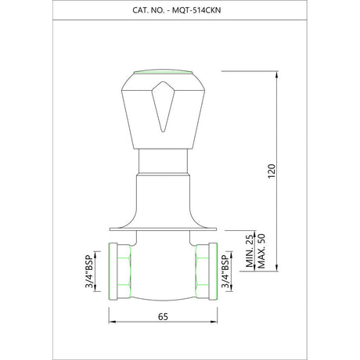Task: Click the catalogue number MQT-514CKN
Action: pyautogui.click(x=196, y=10)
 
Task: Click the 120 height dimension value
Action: pyautogui.click(x=272, y=171)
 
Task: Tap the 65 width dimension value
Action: pyautogui.click(x=163, y=316)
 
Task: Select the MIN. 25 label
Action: pyautogui.click(x=250, y=251)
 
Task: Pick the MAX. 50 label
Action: pyautogui.click(x=261, y=251)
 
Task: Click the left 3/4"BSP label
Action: pyautogui.click(x=89, y=272)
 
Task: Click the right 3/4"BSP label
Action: pyautogui.click(x=225, y=272)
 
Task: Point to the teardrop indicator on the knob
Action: pyautogui.click(x=163, y=106)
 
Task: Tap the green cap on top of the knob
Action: pyautogui.click(x=163, y=72)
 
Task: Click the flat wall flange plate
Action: pyautogui.click(x=163, y=229)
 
